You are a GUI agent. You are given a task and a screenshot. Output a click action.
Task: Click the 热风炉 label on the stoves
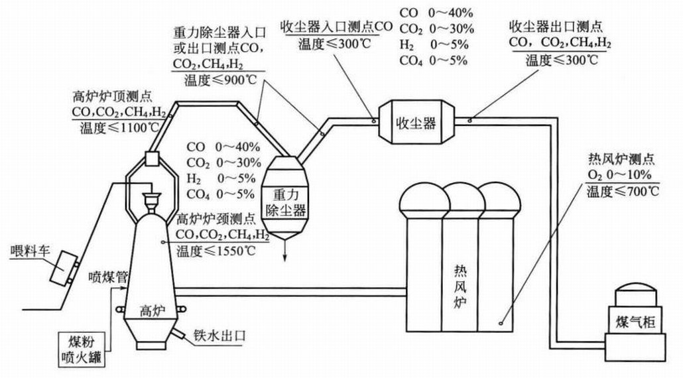[x=458, y=284]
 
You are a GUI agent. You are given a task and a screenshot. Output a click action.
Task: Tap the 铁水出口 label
[x=219, y=335]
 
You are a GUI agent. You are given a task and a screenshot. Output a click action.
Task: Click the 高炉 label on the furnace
[x=152, y=310]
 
